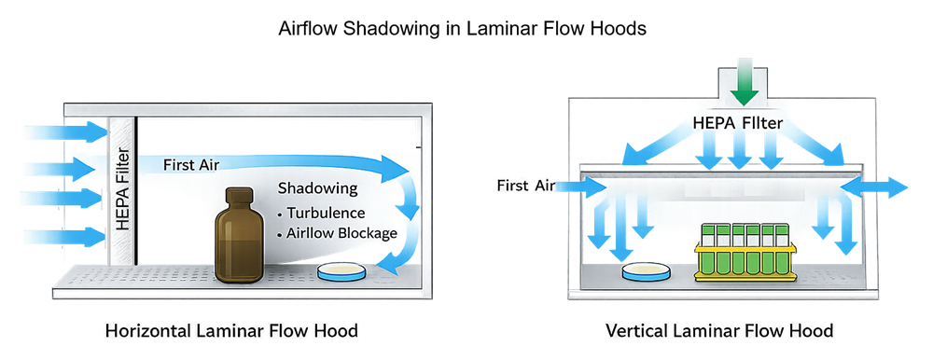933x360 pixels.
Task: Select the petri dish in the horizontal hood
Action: (342, 272)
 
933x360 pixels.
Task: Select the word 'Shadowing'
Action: (317, 188)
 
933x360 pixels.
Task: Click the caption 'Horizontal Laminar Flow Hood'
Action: (231, 331)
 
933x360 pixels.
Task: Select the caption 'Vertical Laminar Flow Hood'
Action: (718, 331)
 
